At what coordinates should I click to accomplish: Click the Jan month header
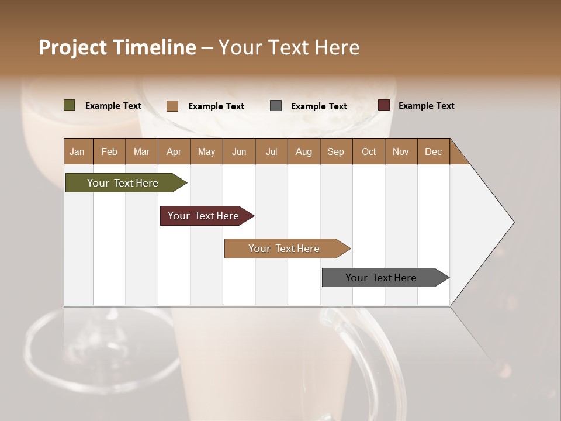pyautogui.click(x=77, y=151)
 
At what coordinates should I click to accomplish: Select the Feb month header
pyautogui.click(x=109, y=151)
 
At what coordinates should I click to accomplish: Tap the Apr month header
pyautogui.click(x=174, y=151)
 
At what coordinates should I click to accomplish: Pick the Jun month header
pyautogui.click(x=239, y=151)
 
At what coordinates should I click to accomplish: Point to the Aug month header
pyautogui.click(x=303, y=151)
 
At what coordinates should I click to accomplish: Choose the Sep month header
pyautogui.click(x=335, y=151)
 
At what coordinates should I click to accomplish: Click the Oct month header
pyautogui.click(x=369, y=151)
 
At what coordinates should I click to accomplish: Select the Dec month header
pyautogui.click(x=433, y=151)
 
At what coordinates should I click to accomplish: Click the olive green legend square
pyautogui.click(x=70, y=105)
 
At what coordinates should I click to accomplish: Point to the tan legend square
pyautogui.click(x=172, y=106)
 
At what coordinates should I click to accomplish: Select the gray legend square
pyautogui.click(x=276, y=106)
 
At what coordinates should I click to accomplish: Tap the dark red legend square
pyautogui.click(x=383, y=105)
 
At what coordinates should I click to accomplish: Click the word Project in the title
pyautogui.click(x=72, y=47)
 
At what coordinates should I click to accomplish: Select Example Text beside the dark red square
pyautogui.click(x=426, y=106)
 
